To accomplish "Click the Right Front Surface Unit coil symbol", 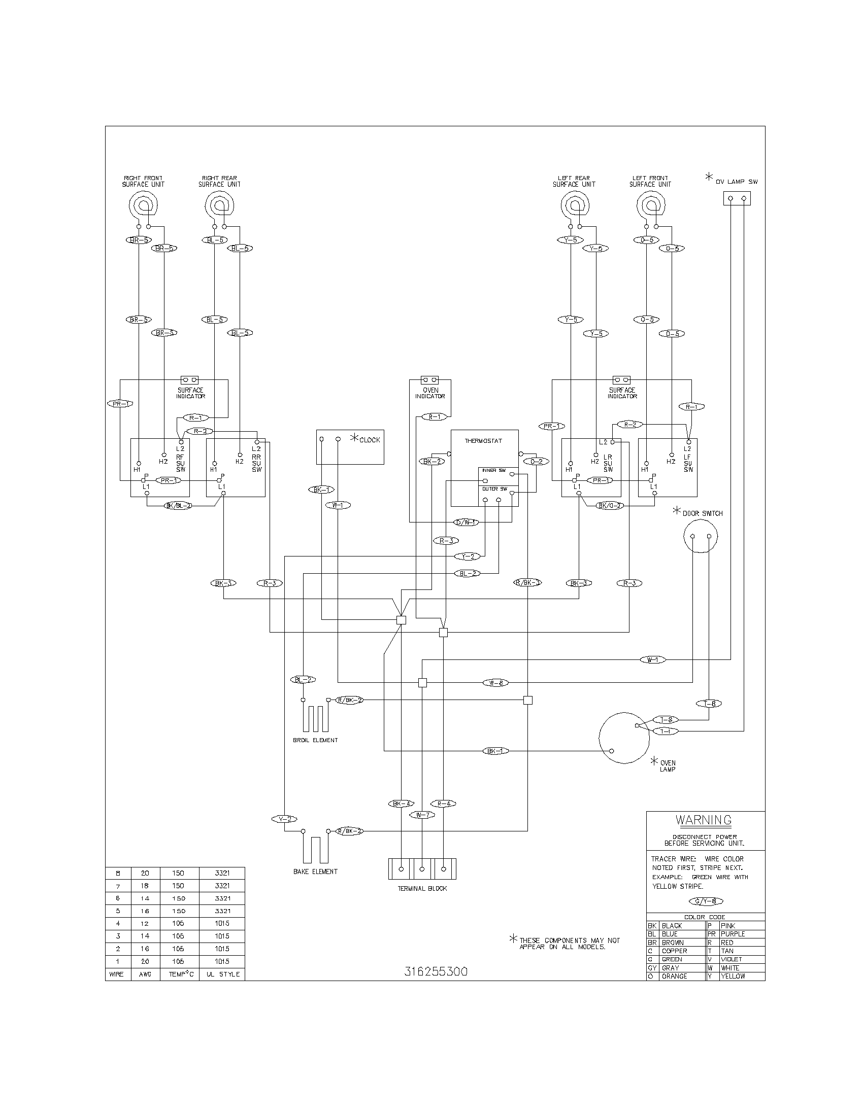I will pyautogui.click(x=144, y=205).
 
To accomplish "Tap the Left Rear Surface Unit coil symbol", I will pyautogui.click(x=575, y=205).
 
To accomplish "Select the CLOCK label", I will pyautogui.click(x=370, y=440).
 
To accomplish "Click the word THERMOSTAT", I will pyautogui.click(x=483, y=440).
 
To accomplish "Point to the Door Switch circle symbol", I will pyautogui.click(x=701, y=536).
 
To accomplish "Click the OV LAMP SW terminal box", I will pyautogui.click(x=737, y=198).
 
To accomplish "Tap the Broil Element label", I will pyautogui.click(x=315, y=740).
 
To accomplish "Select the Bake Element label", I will pyautogui.click(x=315, y=871).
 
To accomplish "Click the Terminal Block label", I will pyautogui.click(x=422, y=888).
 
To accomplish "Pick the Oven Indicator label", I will pyautogui.click(x=430, y=393).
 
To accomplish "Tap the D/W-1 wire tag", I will pyautogui.click(x=466, y=522).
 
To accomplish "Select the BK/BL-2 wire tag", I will pyautogui.click(x=178, y=506).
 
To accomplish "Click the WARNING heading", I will pyautogui.click(x=704, y=820).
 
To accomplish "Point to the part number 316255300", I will pyautogui.click(x=436, y=971).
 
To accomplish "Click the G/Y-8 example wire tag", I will pyautogui.click(x=706, y=901).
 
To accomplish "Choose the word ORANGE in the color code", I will pyautogui.click(x=674, y=976).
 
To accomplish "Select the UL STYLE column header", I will pyautogui.click(x=223, y=974).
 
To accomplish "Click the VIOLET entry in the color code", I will pyautogui.click(x=732, y=959).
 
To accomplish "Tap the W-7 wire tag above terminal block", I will pyautogui.click(x=422, y=815).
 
